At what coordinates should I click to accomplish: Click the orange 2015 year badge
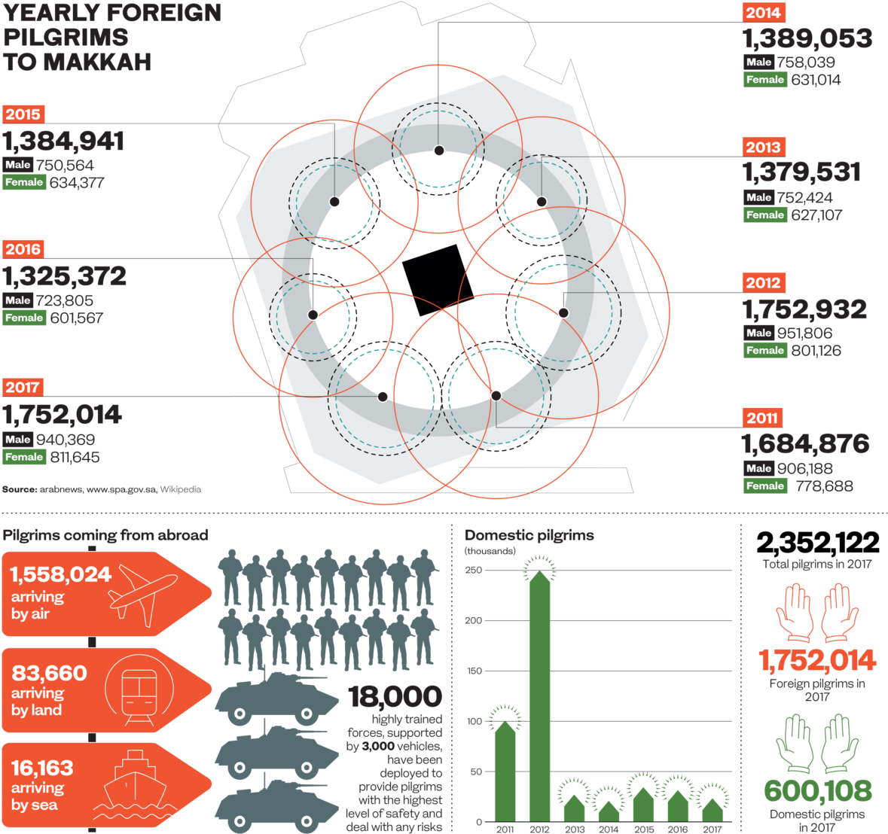[x=23, y=114]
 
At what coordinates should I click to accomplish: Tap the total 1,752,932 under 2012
[x=804, y=309]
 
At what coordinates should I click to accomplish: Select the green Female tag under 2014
[x=765, y=80]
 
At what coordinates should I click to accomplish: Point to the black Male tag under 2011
[x=758, y=468]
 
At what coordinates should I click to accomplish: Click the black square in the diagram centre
[x=438, y=279]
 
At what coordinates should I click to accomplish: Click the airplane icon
[x=143, y=594]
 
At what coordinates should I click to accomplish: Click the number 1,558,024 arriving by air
[x=60, y=575]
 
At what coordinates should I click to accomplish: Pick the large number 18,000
[x=395, y=697]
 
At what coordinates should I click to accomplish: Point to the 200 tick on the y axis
[x=473, y=621]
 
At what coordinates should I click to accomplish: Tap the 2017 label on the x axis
[x=712, y=829]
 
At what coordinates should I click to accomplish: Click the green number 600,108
[x=817, y=791]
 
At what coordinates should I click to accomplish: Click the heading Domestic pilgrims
[x=529, y=536]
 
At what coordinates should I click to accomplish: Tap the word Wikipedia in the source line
[x=180, y=489]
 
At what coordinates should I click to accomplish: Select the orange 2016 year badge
[x=23, y=249]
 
